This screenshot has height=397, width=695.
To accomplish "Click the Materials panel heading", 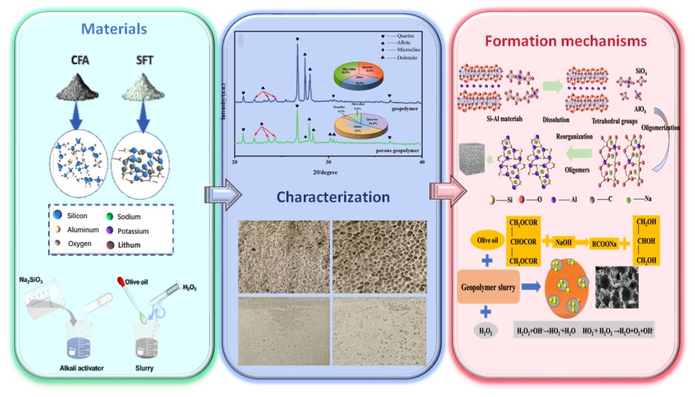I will (114, 30).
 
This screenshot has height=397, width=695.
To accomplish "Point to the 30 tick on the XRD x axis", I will (329, 161).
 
